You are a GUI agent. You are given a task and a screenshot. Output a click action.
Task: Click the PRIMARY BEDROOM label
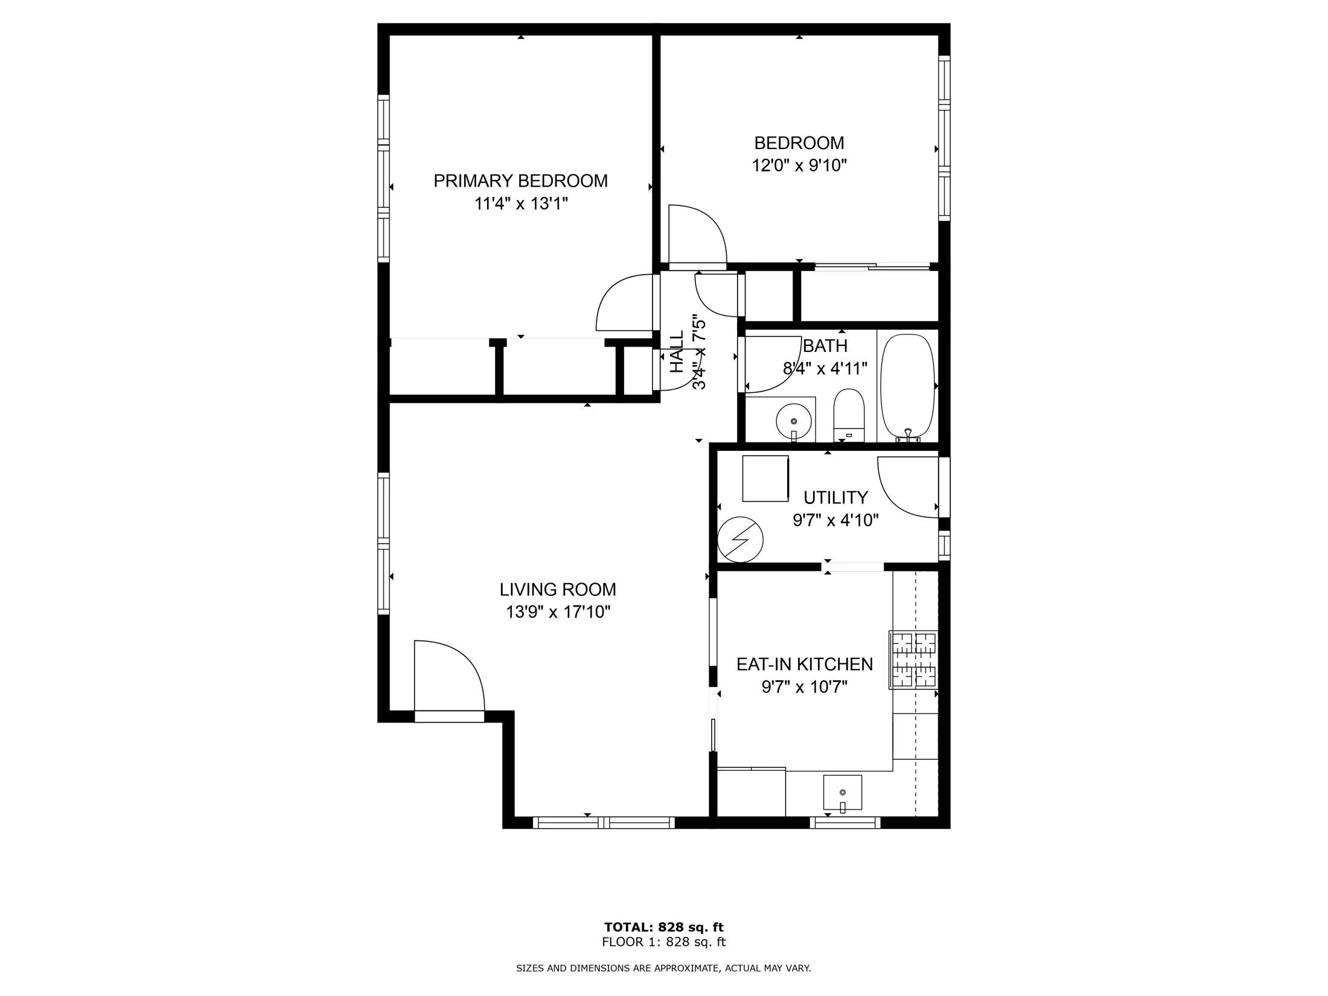(x=520, y=181)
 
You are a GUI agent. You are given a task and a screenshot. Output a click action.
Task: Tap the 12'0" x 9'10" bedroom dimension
(x=799, y=165)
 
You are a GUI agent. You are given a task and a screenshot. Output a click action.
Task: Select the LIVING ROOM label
(x=558, y=589)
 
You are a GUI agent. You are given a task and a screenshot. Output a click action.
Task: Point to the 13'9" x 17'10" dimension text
(x=558, y=612)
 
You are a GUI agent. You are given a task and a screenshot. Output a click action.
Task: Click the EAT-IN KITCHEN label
(x=805, y=664)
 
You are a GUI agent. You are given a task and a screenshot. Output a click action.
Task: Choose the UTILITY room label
(x=835, y=497)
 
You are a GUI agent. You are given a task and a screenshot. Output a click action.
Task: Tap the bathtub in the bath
(x=907, y=386)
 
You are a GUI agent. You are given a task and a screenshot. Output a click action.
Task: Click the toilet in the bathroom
(x=849, y=415)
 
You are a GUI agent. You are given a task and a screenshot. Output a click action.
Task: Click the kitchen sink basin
(x=843, y=793)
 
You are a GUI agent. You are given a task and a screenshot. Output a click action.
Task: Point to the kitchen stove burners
(x=913, y=660)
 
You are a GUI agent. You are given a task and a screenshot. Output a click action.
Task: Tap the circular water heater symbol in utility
(x=740, y=540)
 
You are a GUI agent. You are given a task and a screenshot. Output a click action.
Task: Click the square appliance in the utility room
(x=765, y=479)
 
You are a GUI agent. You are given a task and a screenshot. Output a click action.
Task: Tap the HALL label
(x=677, y=351)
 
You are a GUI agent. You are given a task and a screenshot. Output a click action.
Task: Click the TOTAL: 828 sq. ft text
(x=664, y=927)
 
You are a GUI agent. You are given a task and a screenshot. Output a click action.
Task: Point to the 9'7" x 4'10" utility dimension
(x=835, y=520)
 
